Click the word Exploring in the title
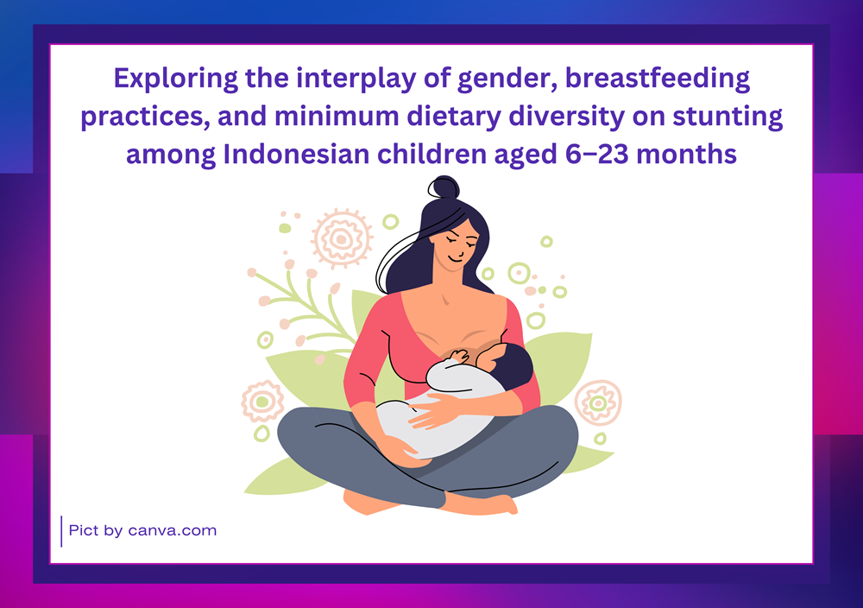click(x=175, y=79)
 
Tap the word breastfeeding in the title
click(x=658, y=78)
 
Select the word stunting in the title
click(x=728, y=117)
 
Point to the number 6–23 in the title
click(x=596, y=154)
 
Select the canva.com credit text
click(x=173, y=531)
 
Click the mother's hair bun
click(x=444, y=187)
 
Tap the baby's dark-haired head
click(x=506, y=364)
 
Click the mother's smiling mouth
click(x=455, y=257)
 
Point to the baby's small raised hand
click(x=460, y=357)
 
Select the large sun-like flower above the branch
click(x=342, y=238)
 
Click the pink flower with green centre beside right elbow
click(x=598, y=403)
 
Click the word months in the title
click(x=686, y=154)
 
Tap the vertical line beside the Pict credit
click(x=61, y=531)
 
